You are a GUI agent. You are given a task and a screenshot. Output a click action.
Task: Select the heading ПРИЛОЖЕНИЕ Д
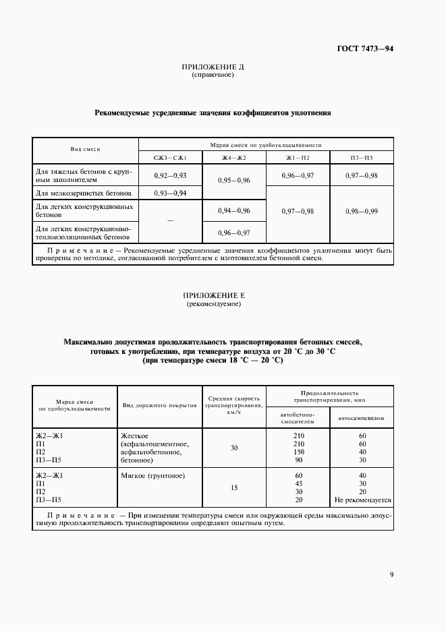click(x=213, y=67)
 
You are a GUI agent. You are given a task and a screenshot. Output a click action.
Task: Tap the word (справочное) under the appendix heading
click(x=213, y=75)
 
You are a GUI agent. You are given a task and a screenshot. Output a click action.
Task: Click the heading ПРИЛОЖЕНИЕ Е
click(x=213, y=296)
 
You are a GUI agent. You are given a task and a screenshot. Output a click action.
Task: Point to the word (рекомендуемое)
click(x=213, y=304)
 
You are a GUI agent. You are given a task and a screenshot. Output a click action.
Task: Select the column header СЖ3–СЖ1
click(x=170, y=157)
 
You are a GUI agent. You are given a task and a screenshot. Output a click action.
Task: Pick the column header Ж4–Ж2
click(x=234, y=157)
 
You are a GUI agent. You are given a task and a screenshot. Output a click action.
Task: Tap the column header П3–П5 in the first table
click(x=361, y=157)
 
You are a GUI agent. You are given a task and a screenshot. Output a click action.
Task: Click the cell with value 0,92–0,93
click(x=170, y=175)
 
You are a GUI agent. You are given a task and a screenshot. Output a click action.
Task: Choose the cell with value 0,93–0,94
click(x=170, y=193)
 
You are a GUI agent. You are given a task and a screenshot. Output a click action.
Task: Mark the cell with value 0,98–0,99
click(x=361, y=211)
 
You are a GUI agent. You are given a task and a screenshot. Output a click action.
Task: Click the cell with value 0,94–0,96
click(x=234, y=211)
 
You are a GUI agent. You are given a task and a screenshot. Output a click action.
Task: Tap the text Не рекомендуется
click(x=362, y=500)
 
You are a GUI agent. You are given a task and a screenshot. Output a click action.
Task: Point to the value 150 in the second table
click(x=299, y=452)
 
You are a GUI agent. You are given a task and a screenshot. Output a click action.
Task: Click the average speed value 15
click(x=233, y=487)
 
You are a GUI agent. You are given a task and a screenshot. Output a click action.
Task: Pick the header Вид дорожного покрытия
click(x=159, y=405)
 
